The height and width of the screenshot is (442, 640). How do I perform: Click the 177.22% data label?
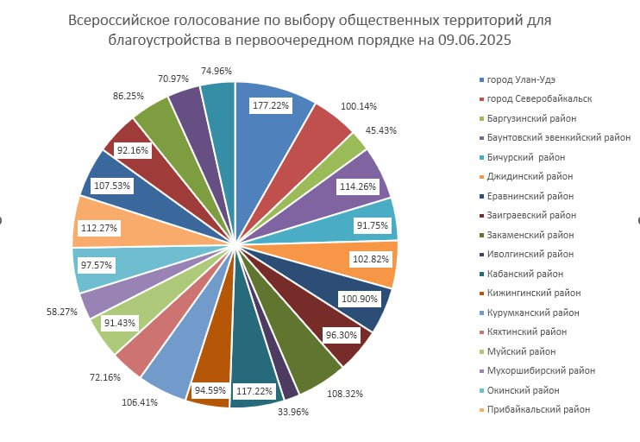click(x=271, y=105)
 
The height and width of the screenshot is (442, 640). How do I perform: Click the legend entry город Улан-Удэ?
click(x=522, y=79)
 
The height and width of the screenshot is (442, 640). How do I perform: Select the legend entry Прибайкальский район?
click(x=538, y=409)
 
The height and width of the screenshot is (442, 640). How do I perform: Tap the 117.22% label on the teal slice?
click(x=255, y=389)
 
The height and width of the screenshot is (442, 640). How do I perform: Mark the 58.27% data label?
click(x=61, y=311)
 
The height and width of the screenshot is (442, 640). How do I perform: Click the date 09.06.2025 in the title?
click(x=482, y=40)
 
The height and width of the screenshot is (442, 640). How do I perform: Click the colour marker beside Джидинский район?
click(x=481, y=176)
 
